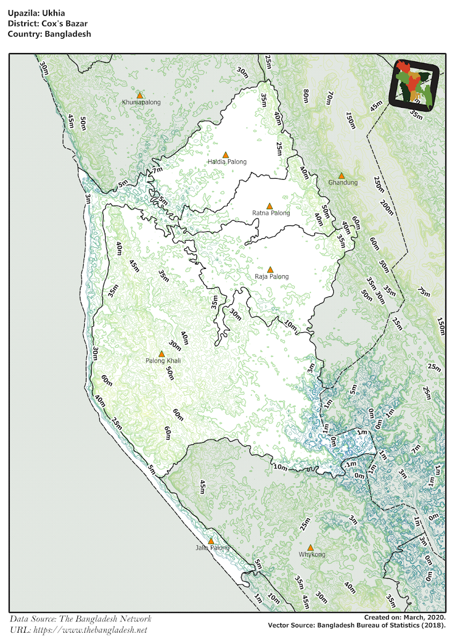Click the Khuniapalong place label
(x=141, y=102)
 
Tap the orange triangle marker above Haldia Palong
(x=226, y=155)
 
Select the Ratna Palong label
(x=271, y=213)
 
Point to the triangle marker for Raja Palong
(x=270, y=269)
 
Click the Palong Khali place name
(x=163, y=361)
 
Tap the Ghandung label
(x=343, y=182)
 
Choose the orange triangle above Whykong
(x=310, y=547)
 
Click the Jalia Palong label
(x=212, y=548)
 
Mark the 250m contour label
(x=379, y=186)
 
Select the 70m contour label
(x=329, y=98)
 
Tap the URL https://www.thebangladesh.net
(x=78, y=630)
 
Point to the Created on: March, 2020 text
(x=405, y=617)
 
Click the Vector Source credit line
(x=357, y=625)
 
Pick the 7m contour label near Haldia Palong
(x=157, y=170)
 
